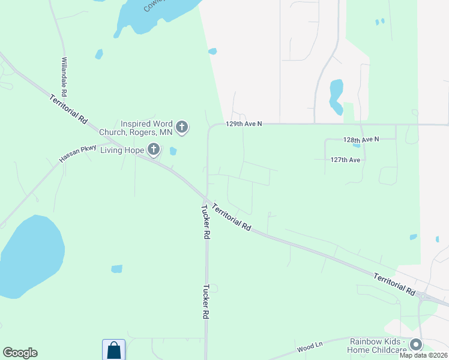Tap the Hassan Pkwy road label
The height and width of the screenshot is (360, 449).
coord(78,154)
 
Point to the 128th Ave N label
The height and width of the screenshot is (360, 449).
coord(361,139)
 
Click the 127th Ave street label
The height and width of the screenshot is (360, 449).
coord(345,160)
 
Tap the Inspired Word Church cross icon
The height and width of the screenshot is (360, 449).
coord(182,127)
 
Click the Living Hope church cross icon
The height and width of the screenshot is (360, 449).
coord(154,149)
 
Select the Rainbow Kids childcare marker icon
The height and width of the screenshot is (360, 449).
coord(415,345)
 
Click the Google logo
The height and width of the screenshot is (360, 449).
coord(20,353)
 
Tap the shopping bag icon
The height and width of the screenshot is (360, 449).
coord(114,350)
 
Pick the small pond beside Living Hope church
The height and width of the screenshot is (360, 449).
coord(173,151)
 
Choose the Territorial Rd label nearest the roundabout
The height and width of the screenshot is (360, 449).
coord(394,284)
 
